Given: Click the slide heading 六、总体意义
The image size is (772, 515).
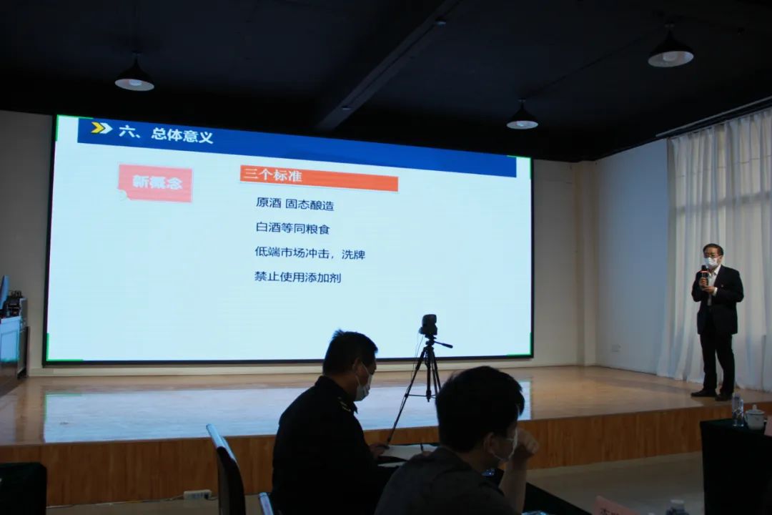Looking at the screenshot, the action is tap(166, 134).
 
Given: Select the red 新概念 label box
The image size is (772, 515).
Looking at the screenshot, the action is tap(156, 183).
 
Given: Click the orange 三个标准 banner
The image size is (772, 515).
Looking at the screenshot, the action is tap(319, 178).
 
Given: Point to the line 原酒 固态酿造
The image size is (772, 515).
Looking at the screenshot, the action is tap(295, 204).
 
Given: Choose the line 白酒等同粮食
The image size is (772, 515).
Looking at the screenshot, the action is tap(292, 227).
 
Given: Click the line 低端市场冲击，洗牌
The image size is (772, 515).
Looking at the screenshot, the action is tap(310, 253).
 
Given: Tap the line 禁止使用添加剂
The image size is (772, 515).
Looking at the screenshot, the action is tap(298, 277).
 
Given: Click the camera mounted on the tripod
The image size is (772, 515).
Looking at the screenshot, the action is tap(429, 325).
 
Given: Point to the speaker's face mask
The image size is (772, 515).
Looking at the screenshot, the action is tap(711, 263).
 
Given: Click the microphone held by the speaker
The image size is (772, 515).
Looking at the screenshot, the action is tap(705, 273).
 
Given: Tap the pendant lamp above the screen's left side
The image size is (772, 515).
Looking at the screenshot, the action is tap(134, 79).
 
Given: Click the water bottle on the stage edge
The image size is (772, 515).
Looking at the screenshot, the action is tap(738, 410).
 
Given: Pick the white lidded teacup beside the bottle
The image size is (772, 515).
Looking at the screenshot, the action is tap(754, 417).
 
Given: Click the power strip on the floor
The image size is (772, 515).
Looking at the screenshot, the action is tap(197, 494).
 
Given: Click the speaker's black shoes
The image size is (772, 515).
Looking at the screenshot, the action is tap(711, 395).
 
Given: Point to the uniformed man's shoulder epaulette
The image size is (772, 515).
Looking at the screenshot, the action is tap(345, 406).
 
